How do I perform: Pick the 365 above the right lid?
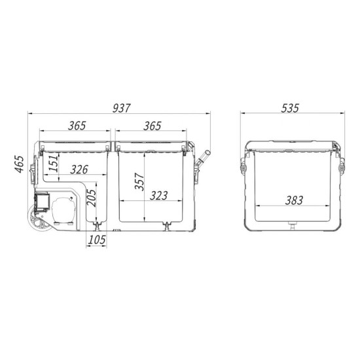[153, 126]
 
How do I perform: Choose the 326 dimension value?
[73, 170]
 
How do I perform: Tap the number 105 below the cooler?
[96, 240]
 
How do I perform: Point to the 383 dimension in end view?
[295, 200]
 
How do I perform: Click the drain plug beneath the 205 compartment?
[97, 226]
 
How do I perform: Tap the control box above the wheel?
[43, 200]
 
